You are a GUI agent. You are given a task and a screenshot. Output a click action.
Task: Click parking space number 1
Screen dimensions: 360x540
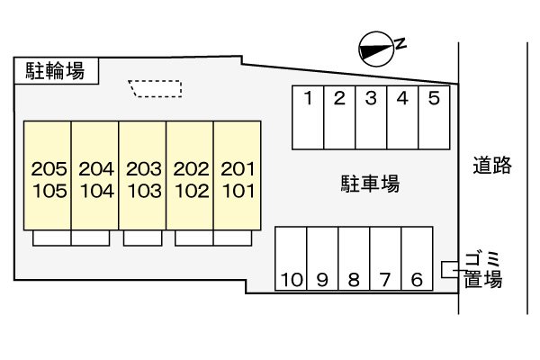pos(308,117)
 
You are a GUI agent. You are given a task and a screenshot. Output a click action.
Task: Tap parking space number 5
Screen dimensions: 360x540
pos(434,117)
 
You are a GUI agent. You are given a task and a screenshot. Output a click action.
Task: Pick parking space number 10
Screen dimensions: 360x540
pos(291,259)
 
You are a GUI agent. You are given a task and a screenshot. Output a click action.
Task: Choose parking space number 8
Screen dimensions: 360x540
pos(354,259)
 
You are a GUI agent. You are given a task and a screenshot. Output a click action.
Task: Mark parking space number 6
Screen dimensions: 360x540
pos(417,259)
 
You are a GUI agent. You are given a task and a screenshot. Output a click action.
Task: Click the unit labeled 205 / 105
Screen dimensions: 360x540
pos(47,177)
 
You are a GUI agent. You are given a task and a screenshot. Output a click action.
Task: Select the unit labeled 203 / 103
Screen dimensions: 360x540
pos(142,177)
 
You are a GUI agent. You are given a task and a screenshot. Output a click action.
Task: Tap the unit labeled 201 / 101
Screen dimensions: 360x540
pos(238,177)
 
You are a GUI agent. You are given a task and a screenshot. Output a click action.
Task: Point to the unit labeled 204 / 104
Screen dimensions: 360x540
pos(94,177)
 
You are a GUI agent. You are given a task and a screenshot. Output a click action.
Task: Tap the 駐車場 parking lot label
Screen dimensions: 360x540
pos(370,185)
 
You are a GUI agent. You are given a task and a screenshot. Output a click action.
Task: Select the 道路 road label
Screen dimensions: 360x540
pos(491,165)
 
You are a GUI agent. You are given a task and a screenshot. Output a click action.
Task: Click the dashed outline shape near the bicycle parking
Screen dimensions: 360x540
pos(157,88)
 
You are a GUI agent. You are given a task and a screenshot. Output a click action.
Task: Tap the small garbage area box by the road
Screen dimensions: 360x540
pos(448,268)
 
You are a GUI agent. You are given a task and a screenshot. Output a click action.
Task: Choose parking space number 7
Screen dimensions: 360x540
pos(385,259)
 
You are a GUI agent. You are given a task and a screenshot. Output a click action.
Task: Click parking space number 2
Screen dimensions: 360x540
pos(339,117)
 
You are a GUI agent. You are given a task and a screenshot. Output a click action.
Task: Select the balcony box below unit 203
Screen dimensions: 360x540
pos(142,238)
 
